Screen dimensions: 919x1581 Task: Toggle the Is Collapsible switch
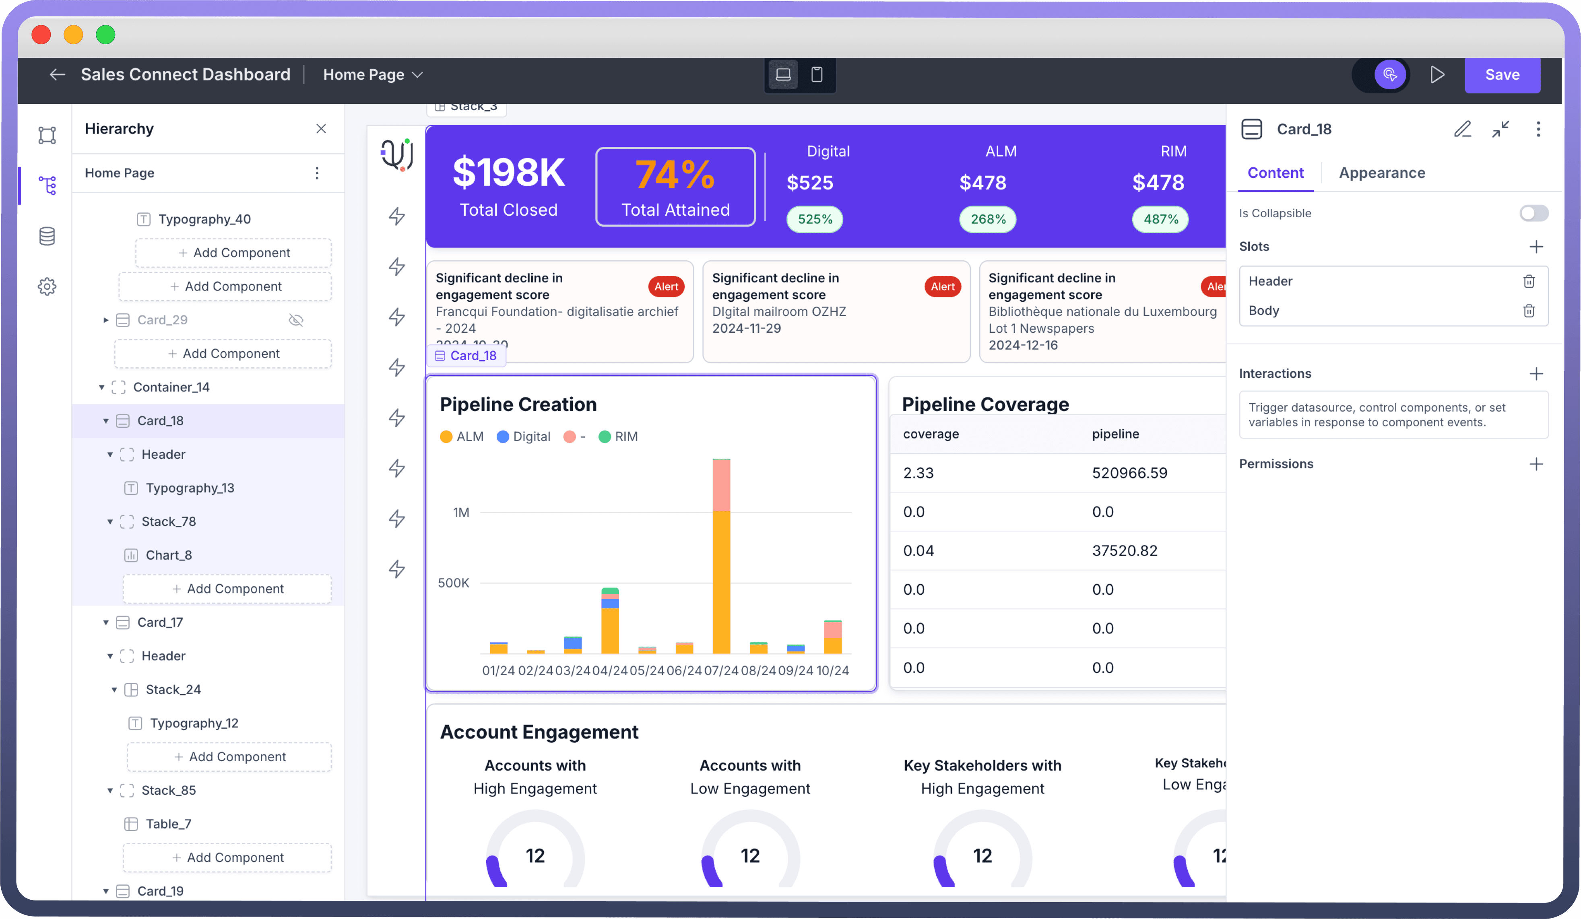(x=1534, y=213)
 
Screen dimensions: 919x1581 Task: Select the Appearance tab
(x=1381, y=173)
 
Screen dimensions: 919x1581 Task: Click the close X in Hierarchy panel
(x=321, y=129)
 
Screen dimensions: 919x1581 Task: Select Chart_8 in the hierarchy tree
(x=168, y=555)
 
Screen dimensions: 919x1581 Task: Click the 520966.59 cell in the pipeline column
(x=1129, y=473)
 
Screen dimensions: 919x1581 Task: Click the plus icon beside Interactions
(x=1536, y=374)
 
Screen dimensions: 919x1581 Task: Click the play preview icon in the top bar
(x=1437, y=75)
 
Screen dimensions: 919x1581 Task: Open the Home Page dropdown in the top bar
(x=373, y=75)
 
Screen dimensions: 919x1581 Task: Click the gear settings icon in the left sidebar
(x=47, y=286)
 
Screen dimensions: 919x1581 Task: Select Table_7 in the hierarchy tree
(x=168, y=824)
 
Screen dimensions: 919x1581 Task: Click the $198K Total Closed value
(x=508, y=173)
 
